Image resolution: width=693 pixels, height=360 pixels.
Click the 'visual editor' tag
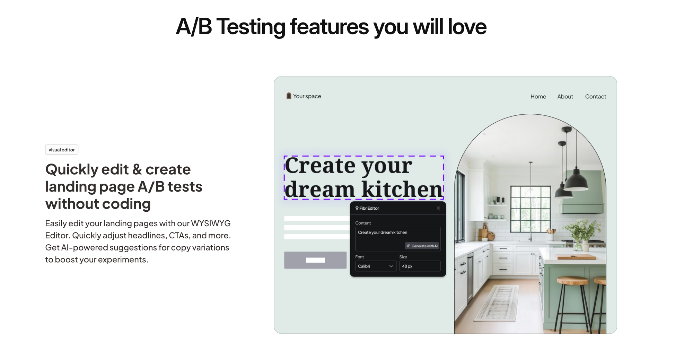[x=62, y=150]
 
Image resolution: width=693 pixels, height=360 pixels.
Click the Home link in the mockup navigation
[x=538, y=97]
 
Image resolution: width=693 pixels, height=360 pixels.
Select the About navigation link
[x=565, y=97]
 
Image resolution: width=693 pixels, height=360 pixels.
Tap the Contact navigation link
[x=596, y=97]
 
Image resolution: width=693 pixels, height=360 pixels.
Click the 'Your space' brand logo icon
[x=289, y=96]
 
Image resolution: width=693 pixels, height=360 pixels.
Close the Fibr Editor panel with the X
[x=438, y=208]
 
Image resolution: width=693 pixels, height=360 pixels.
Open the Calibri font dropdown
[x=376, y=266]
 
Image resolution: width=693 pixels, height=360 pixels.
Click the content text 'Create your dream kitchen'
[x=383, y=232]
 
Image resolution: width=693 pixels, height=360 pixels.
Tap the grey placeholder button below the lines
[x=315, y=260]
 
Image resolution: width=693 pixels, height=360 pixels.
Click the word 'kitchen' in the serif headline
[x=402, y=190]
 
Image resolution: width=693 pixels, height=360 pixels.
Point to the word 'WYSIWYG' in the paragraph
[x=211, y=223]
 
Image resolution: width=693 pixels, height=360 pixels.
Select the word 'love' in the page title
[x=467, y=27]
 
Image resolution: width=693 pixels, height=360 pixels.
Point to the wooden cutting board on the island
[x=577, y=257]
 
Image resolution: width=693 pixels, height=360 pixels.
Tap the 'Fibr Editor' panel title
[x=369, y=208]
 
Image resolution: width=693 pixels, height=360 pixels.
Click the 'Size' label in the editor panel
[x=403, y=257]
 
